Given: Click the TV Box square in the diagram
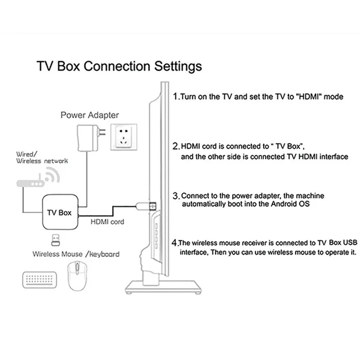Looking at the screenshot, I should click(59, 212).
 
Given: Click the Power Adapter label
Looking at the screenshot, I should click(90, 115).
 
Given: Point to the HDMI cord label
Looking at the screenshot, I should click(107, 222).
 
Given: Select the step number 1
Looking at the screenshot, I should click(176, 97).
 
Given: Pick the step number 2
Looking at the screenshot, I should click(176, 147).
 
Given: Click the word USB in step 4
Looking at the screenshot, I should click(349, 242).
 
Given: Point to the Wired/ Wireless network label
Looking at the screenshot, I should click(42, 157).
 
